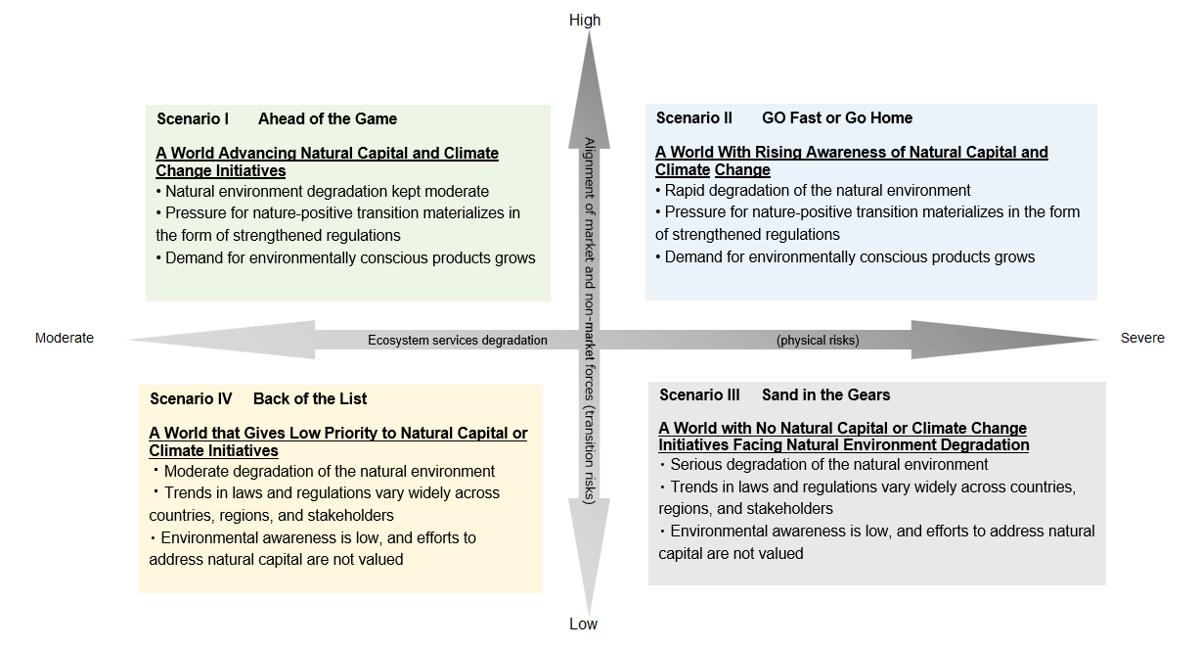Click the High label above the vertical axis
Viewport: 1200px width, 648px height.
click(585, 20)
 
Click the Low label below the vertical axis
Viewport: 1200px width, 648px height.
click(583, 625)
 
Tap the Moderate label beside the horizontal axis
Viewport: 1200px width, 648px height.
click(65, 338)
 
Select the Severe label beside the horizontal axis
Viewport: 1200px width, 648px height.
click(1142, 338)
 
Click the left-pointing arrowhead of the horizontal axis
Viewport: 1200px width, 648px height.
click(225, 340)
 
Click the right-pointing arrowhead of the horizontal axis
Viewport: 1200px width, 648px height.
click(998, 340)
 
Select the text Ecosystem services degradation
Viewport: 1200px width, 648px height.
click(458, 341)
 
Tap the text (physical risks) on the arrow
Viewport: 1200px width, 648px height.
click(818, 341)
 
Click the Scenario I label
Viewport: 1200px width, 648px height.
click(193, 119)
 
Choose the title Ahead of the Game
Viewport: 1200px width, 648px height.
click(328, 119)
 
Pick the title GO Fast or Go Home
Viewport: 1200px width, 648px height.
click(837, 118)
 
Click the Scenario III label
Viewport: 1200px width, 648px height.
click(699, 395)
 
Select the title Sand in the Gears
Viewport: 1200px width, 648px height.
click(826, 395)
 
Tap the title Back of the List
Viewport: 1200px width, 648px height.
click(310, 399)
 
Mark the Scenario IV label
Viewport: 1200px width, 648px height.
click(191, 399)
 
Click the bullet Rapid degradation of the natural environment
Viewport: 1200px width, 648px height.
click(818, 191)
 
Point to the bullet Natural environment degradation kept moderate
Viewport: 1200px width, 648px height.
click(327, 192)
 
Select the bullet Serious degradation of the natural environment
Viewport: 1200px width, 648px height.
click(828, 465)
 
